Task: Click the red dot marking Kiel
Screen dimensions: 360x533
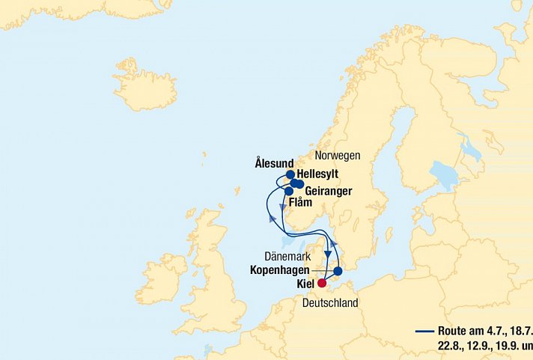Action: (322, 283)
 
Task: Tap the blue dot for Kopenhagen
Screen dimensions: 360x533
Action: (338, 271)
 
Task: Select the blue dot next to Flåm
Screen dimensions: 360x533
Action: (289, 192)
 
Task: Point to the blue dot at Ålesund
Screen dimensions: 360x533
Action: (290, 174)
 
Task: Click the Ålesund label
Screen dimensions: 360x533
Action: (274, 162)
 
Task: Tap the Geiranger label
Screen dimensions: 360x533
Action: (329, 191)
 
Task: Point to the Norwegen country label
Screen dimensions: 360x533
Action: (338, 156)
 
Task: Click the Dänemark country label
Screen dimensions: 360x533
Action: (288, 257)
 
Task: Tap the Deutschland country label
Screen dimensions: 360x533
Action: (330, 303)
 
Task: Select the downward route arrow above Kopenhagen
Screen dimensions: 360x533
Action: (328, 254)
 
